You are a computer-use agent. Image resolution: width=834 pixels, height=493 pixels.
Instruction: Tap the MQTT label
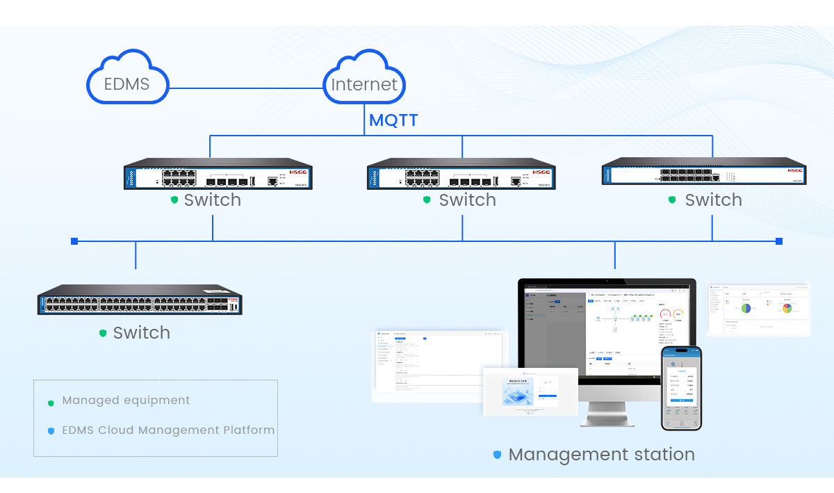[393, 120]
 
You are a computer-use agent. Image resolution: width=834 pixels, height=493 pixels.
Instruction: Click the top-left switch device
[218, 175]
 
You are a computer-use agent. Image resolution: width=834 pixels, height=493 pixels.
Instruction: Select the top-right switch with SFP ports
[703, 171]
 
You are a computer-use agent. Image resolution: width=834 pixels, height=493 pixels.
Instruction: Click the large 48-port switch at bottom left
[140, 301]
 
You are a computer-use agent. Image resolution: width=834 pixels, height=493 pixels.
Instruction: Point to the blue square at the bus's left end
[74, 241]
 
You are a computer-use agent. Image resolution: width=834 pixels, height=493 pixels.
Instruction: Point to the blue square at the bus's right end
[778, 241]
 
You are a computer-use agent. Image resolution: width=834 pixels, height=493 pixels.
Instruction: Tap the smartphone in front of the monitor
[681, 388]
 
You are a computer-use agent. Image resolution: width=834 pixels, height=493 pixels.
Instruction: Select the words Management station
[601, 455]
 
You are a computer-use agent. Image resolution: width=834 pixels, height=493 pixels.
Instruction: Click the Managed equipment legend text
[126, 401]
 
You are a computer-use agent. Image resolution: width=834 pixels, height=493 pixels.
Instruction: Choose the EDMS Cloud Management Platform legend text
[168, 430]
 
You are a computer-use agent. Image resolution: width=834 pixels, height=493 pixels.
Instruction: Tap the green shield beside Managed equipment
[51, 402]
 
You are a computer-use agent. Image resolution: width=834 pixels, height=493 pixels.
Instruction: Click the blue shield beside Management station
[497, 455]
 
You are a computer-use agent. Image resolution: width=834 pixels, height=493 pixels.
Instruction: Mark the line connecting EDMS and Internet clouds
[247, 88]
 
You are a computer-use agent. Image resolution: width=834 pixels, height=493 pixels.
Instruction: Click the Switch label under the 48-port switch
[141, 333]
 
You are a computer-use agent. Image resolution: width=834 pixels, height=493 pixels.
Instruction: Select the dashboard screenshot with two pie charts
[759, 309]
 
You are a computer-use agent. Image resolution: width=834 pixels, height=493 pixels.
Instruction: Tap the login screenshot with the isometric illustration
[530, 391]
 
